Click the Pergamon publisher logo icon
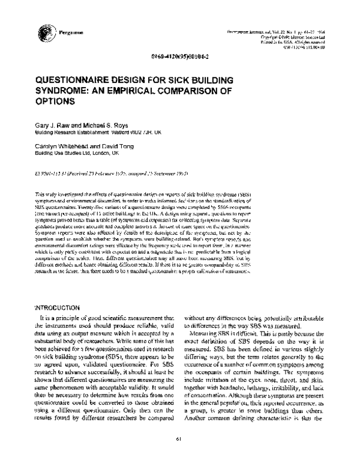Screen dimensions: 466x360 pyautogui.click(x=44, y=31)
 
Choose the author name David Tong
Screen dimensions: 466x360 pyautogui.click(x=116, y=146)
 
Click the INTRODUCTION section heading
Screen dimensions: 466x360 pyautogui.click(x=62, y=306)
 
